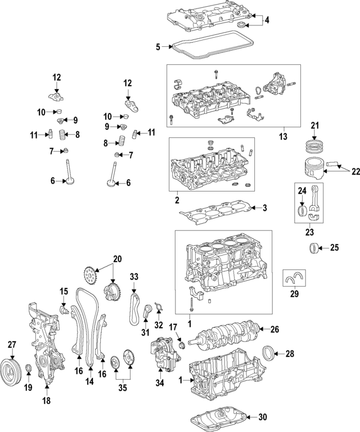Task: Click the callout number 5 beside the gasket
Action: [158, 47]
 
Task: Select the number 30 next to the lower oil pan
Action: [263, 417]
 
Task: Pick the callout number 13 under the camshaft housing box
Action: [282, 137]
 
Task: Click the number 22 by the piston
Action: [355, 171]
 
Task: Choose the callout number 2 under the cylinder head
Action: [177, 200]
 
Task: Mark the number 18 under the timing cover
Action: [46, 401]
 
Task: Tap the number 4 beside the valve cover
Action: [267, 20]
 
